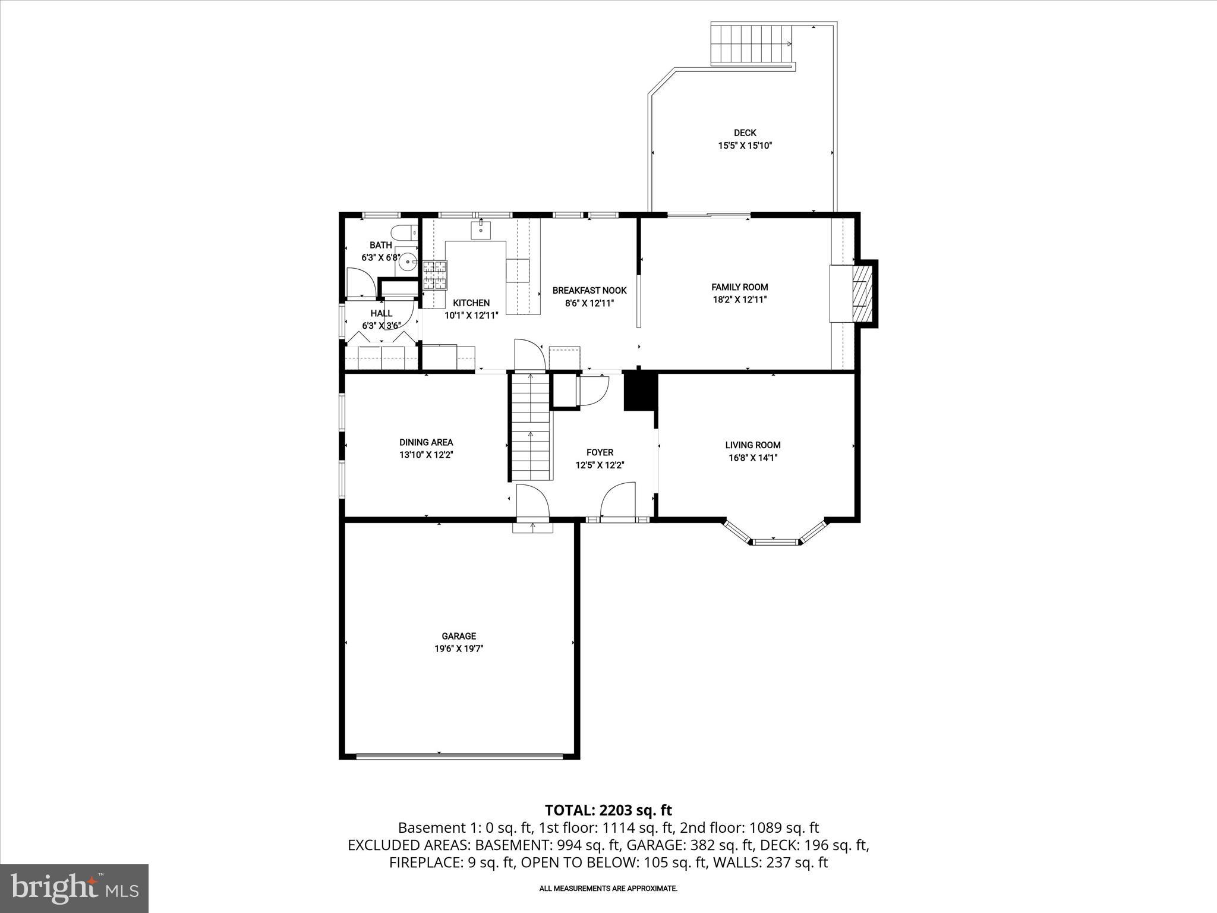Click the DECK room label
[x=745, y=133]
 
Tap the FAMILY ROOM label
[x=740, y=287]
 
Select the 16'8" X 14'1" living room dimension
[x=752, y=458]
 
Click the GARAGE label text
[x=459, y=636]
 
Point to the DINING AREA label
[x=426, y=442]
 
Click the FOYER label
[x=600, y=452]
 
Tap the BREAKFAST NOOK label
[x=589, y=291]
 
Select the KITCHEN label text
[x=471, y=303]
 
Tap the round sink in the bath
[x=408, y=260]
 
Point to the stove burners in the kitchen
[x=435, y=275]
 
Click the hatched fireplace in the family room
[x=861, y=294]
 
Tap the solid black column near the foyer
[x=640, y=391]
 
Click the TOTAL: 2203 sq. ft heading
[x=608, y=810]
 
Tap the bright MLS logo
[x=74, y=888]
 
